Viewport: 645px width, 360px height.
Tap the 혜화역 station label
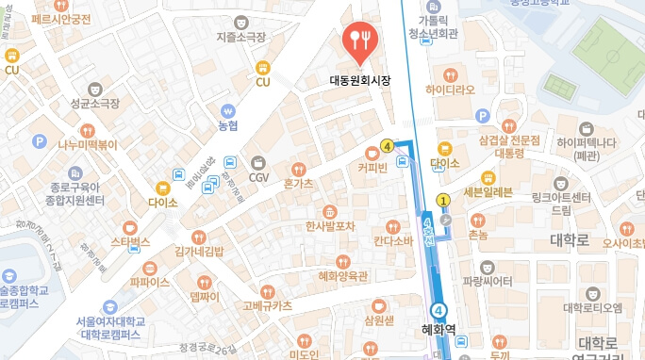tap(438, 330)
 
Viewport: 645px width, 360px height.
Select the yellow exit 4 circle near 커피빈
tap(387, 145)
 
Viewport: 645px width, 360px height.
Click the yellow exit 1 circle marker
tap(443, 200)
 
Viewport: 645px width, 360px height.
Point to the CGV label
tap(258, 176)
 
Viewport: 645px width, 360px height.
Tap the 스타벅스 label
tap(131, 241)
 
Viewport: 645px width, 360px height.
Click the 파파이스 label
tap(150, 281)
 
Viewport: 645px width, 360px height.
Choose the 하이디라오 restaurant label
tap(451, 90)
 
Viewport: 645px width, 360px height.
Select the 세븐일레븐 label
tap(488, 191)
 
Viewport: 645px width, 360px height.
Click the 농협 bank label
tap(227, 125)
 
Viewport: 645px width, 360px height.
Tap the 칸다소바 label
tap(393, 239)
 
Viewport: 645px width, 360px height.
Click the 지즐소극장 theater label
tap(240, 37)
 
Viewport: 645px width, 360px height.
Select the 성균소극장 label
tap(92, 102)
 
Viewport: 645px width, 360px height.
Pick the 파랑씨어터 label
tap(488, 280)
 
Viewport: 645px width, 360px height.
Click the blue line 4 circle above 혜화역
tap(438, 310)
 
